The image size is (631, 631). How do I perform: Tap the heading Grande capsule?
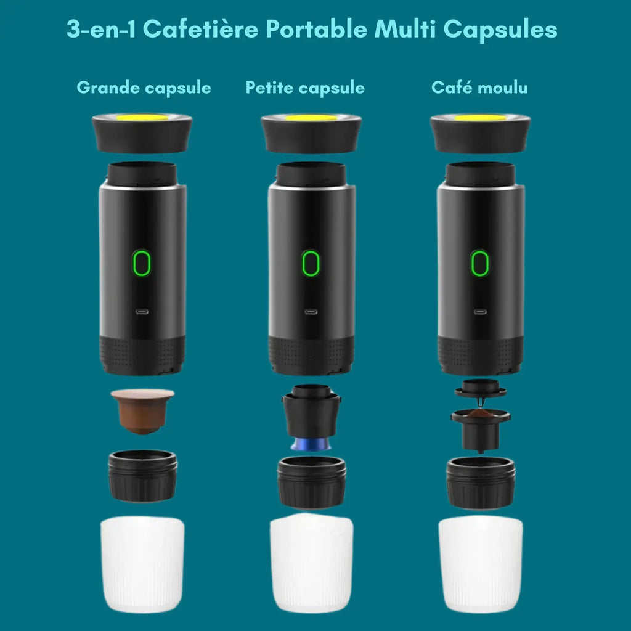[x=144, y=88]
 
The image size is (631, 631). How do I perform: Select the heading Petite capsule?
[x=305, y=88]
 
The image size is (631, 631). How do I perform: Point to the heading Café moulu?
[x=479, y=88]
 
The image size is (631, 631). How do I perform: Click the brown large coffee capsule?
[x=142, y=410]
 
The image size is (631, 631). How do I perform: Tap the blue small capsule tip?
[x=312, y=444]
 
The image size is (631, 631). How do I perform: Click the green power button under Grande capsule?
[x=142, y=263]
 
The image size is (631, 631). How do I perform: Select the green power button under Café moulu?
[x=480, y=263]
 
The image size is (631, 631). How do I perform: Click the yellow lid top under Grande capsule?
[x=142, y=117]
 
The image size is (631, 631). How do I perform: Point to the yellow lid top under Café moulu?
[x=480, y=117]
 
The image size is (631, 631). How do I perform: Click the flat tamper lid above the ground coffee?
[x=481, y=389]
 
